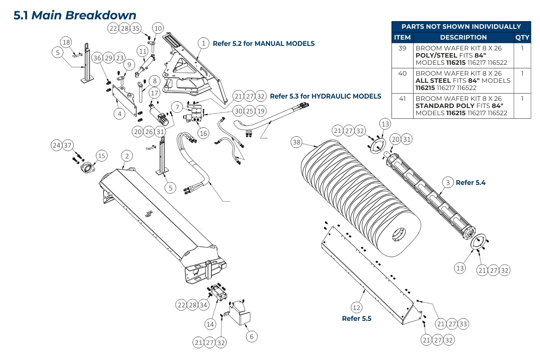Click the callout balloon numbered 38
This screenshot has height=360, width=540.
[x=296, y=142]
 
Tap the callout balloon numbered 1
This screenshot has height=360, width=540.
[x=204, y=43]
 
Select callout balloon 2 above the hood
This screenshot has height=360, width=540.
[x=127, y=156]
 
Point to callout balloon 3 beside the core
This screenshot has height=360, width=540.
[x=447, y=183]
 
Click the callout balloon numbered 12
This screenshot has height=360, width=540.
[x=356, y=308]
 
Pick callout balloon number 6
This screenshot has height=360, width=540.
[x=252, y=336]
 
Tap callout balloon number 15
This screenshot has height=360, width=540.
[x=102, y=156]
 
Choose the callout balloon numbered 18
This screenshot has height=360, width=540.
[x=66, y=42]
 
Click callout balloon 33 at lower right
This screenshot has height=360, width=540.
[x=463, y=324]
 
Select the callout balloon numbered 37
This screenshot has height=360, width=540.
[x=67, y=145]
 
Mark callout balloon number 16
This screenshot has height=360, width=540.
[x=203, y=133]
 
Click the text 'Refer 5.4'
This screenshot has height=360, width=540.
[x=471, y=183]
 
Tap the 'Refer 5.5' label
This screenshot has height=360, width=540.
[x=356, y=319]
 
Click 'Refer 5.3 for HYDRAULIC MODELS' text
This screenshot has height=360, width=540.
[x=325, y=96]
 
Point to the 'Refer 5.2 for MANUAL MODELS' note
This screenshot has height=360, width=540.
[x=263, y=44]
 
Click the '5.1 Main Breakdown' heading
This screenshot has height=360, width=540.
[x=75, y=15]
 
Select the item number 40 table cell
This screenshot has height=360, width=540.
[x=402, y=73]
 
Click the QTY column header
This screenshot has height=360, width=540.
[x=522, y=37]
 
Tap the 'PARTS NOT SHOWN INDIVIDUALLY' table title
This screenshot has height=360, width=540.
[x=461, y=27]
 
